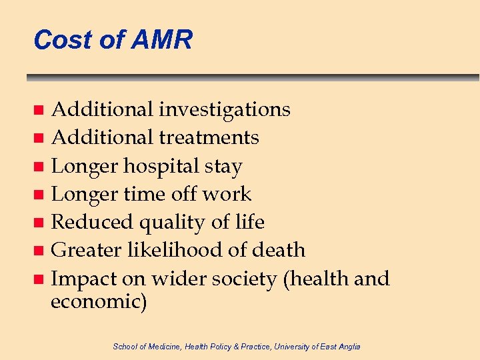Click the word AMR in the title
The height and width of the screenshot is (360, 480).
(x=162, y=40)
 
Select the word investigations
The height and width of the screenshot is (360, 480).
(x=225, y=109)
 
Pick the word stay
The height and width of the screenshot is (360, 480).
(x=223, y=166)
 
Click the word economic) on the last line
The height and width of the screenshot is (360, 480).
(x=99, y=301)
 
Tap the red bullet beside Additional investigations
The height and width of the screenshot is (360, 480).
(x=39, y=109)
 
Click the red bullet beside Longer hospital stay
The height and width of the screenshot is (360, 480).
(x=39, y=167)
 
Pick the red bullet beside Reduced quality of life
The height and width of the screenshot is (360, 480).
(x=39, y=223)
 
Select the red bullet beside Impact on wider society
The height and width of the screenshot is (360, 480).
(x=39, y=279)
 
